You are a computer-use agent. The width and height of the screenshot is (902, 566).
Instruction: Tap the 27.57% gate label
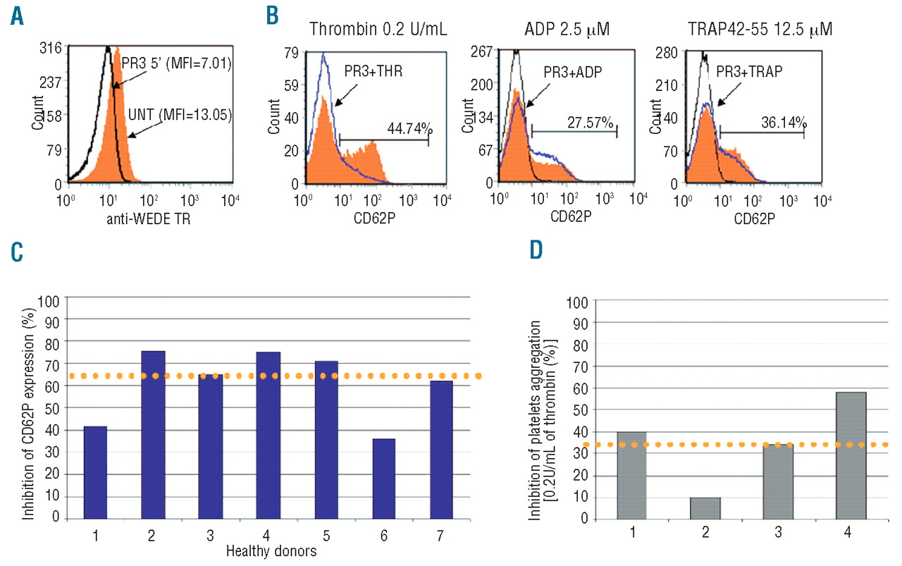591,122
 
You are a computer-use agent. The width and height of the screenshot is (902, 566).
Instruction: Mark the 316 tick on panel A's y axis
53,47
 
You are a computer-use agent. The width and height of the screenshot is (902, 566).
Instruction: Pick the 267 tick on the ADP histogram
485,51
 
